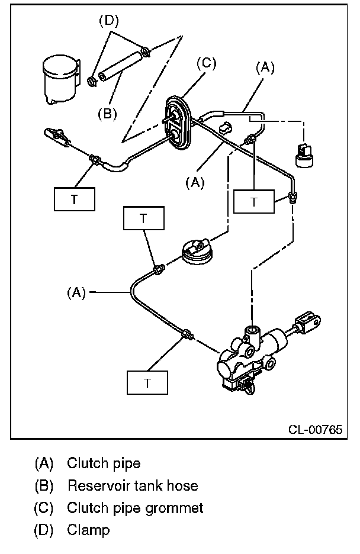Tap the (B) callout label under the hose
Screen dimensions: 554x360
(x=108, y=112)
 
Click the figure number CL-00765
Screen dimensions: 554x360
(x=316, y=430)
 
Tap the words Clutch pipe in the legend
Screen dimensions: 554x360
(x=104, y=463)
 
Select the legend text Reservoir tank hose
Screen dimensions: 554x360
(x=132, y=486)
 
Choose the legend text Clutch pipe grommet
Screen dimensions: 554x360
(x=135, y=508)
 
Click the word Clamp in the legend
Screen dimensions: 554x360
(x=88, y=530)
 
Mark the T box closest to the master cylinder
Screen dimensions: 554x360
(x=147, y=383)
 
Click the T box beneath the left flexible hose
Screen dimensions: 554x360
(x=75, y=199)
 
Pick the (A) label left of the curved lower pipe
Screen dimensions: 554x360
(x=76, y=292)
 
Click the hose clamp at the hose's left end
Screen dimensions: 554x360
(x=92, y=79)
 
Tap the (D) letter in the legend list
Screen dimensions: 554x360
(x=44, y=530)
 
